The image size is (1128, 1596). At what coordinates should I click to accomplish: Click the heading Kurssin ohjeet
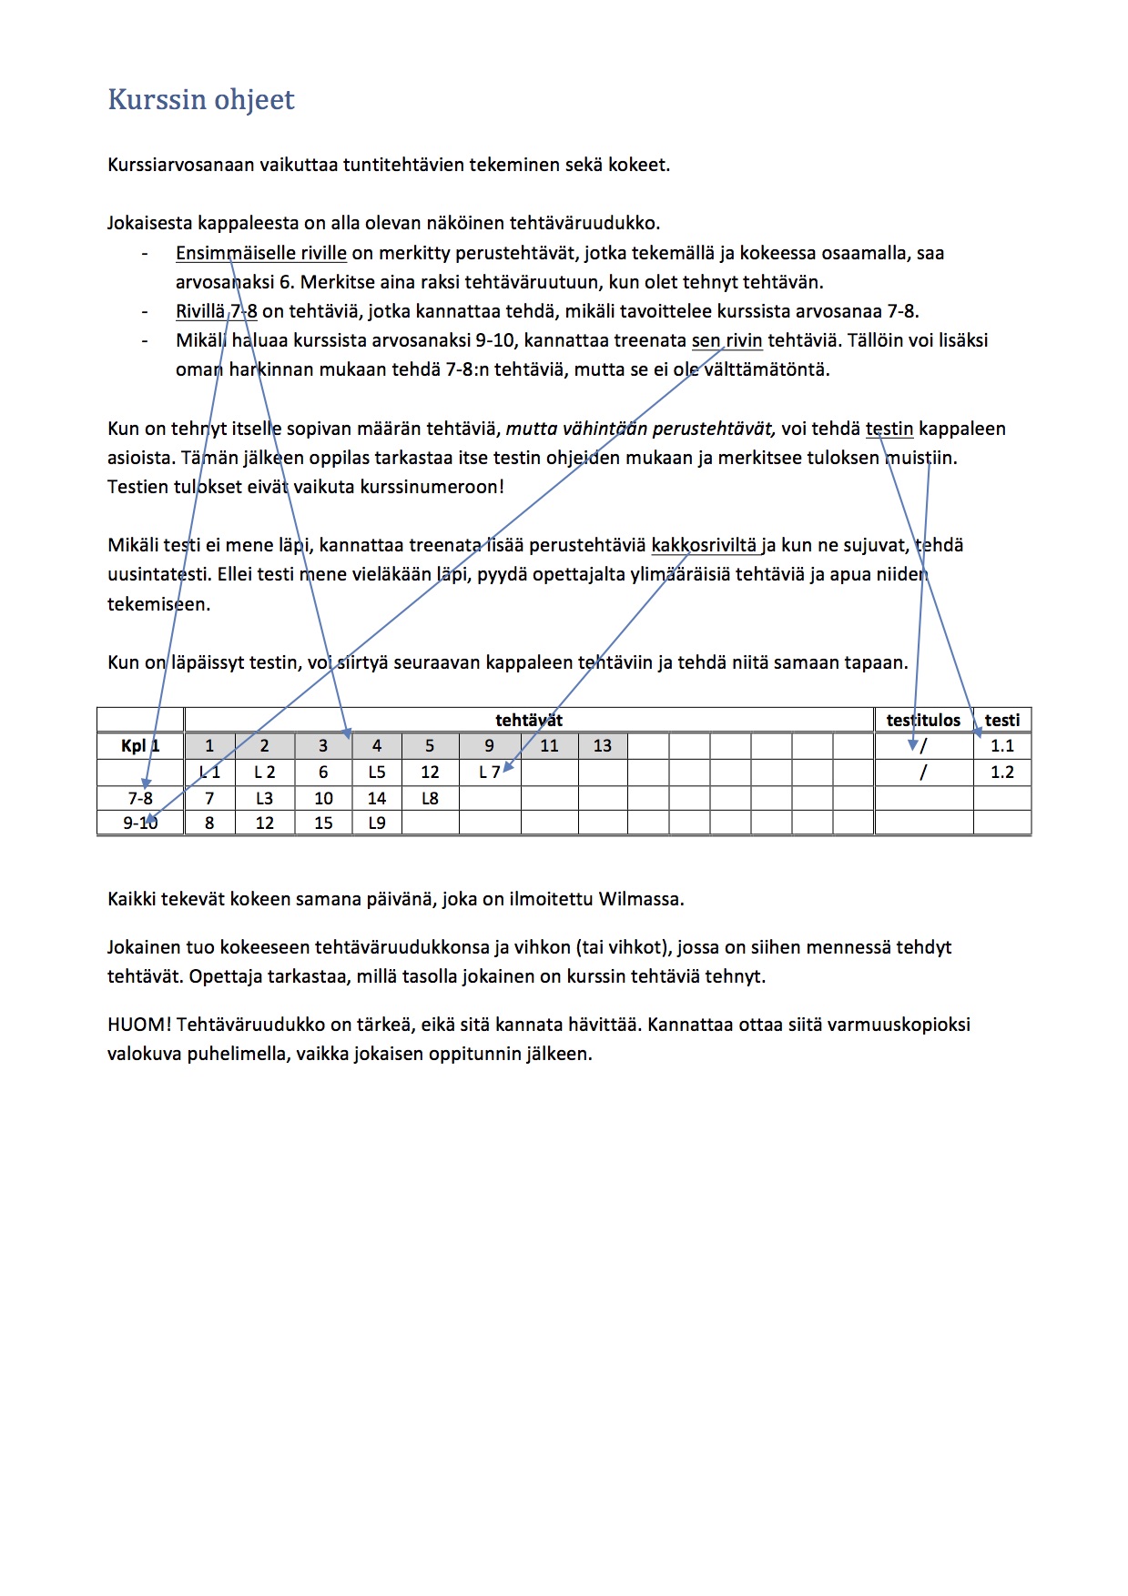tap(201, 99)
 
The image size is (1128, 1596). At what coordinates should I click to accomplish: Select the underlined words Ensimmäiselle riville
tap(260, 253)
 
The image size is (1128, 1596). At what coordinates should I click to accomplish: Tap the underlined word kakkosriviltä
tap(704, 545)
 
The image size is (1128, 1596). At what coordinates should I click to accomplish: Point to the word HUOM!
tap(138, 1025)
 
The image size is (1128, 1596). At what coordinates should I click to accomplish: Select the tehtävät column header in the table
tap(528, 720)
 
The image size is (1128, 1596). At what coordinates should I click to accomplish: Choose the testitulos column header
tap(923, 720)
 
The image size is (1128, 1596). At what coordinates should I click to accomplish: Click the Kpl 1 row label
tap(140, 746)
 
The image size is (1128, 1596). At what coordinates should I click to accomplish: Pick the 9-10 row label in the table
tap(140, 823)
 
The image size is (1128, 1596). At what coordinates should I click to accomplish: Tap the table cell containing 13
tap(603, 746)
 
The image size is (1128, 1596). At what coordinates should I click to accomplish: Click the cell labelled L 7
tap(489, 773)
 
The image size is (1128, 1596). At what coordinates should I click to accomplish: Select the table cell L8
tap(430, 799)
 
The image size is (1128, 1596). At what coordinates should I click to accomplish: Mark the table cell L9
tap(377, 823)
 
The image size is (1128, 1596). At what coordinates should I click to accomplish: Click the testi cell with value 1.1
tap(1001, 746)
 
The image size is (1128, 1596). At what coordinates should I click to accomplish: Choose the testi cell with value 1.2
tap(1001, 773)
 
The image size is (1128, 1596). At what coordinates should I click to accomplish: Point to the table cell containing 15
tap(323, 823)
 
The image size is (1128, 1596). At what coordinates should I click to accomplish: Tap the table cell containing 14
tap(377, 799)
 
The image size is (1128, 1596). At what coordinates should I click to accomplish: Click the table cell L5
tap(377, 773)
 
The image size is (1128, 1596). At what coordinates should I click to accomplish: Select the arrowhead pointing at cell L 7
tap(508, 768)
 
